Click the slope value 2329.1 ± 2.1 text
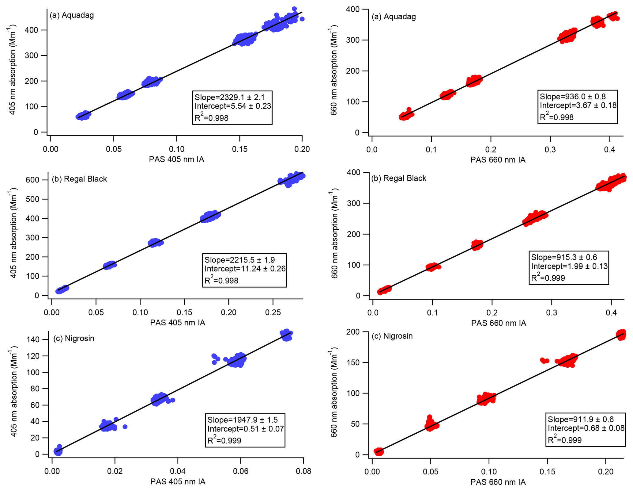click(230, 98)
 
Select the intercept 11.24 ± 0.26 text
click(245, 269)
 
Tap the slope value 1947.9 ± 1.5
click(243, 420)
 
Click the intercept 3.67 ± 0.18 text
click(578, 105)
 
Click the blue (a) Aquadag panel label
click(72, 15)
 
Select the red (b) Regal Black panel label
click(398, 178)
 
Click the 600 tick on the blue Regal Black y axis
click(32, 180)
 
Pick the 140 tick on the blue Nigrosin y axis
click(33, 339)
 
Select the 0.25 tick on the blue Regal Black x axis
click(273, 312)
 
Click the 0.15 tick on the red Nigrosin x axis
click(547, 471)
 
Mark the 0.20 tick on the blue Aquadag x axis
click(302, 149)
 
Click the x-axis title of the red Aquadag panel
click(498, 160)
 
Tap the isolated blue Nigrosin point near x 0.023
click(125, 427)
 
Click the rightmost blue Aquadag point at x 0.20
click(302, 19)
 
